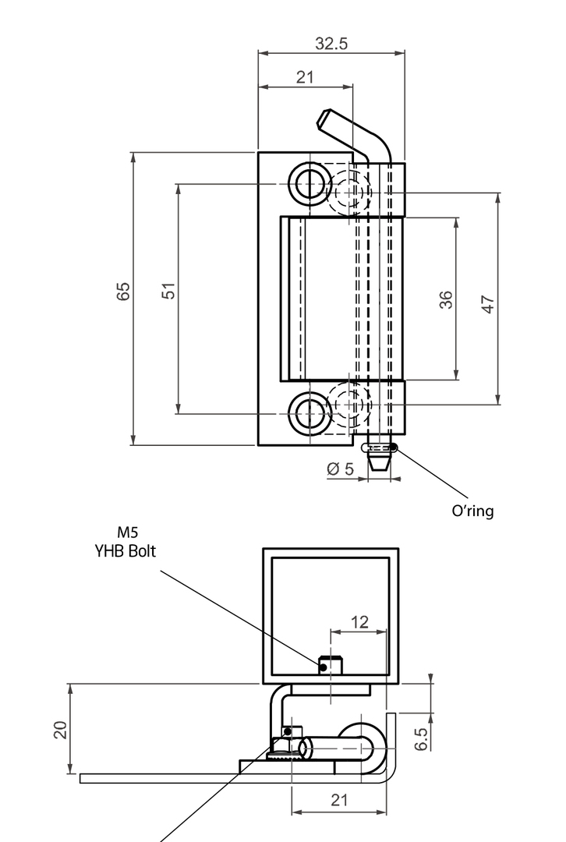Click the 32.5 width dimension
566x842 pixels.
331,44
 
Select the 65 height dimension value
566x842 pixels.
123,292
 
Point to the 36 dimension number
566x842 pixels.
446,299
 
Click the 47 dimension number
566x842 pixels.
488,305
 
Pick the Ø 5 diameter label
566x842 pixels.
341,469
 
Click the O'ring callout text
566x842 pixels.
473,511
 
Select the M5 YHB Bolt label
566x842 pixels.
126,542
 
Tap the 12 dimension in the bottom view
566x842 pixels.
359,622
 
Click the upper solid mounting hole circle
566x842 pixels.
310,184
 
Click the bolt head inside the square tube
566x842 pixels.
332,665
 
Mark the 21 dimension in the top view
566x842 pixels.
305,76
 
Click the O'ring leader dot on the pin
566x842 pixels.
394,448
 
